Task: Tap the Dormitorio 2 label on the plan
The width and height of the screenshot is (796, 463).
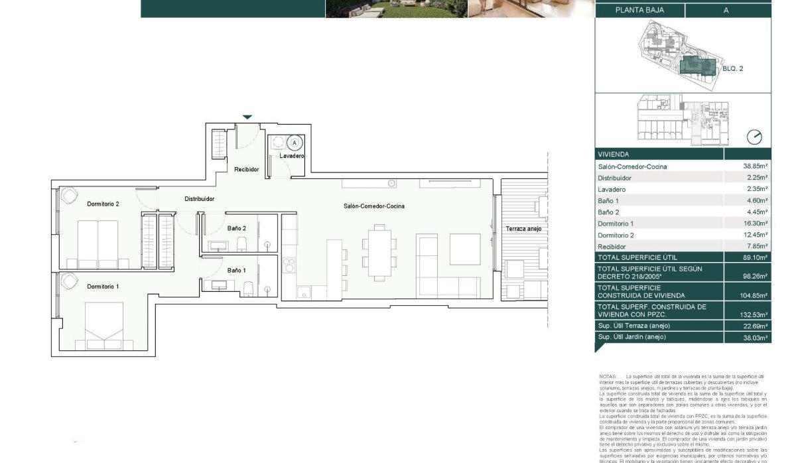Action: (103, 204)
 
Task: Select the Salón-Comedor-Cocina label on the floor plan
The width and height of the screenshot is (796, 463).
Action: (374, 206)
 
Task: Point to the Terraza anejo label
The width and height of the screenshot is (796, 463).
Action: (524, 229)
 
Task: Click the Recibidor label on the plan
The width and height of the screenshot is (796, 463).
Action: (246, 170)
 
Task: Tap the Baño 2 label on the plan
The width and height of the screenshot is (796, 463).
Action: (237, 228)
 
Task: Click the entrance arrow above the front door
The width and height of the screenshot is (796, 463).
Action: (247, 117)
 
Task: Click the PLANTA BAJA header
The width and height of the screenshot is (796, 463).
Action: (639, 10)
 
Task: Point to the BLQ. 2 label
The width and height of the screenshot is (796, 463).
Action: (733, 68)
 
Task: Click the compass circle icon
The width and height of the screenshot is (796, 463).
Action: (754, 137)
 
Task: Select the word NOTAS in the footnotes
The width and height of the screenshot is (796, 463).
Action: (607, 376)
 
